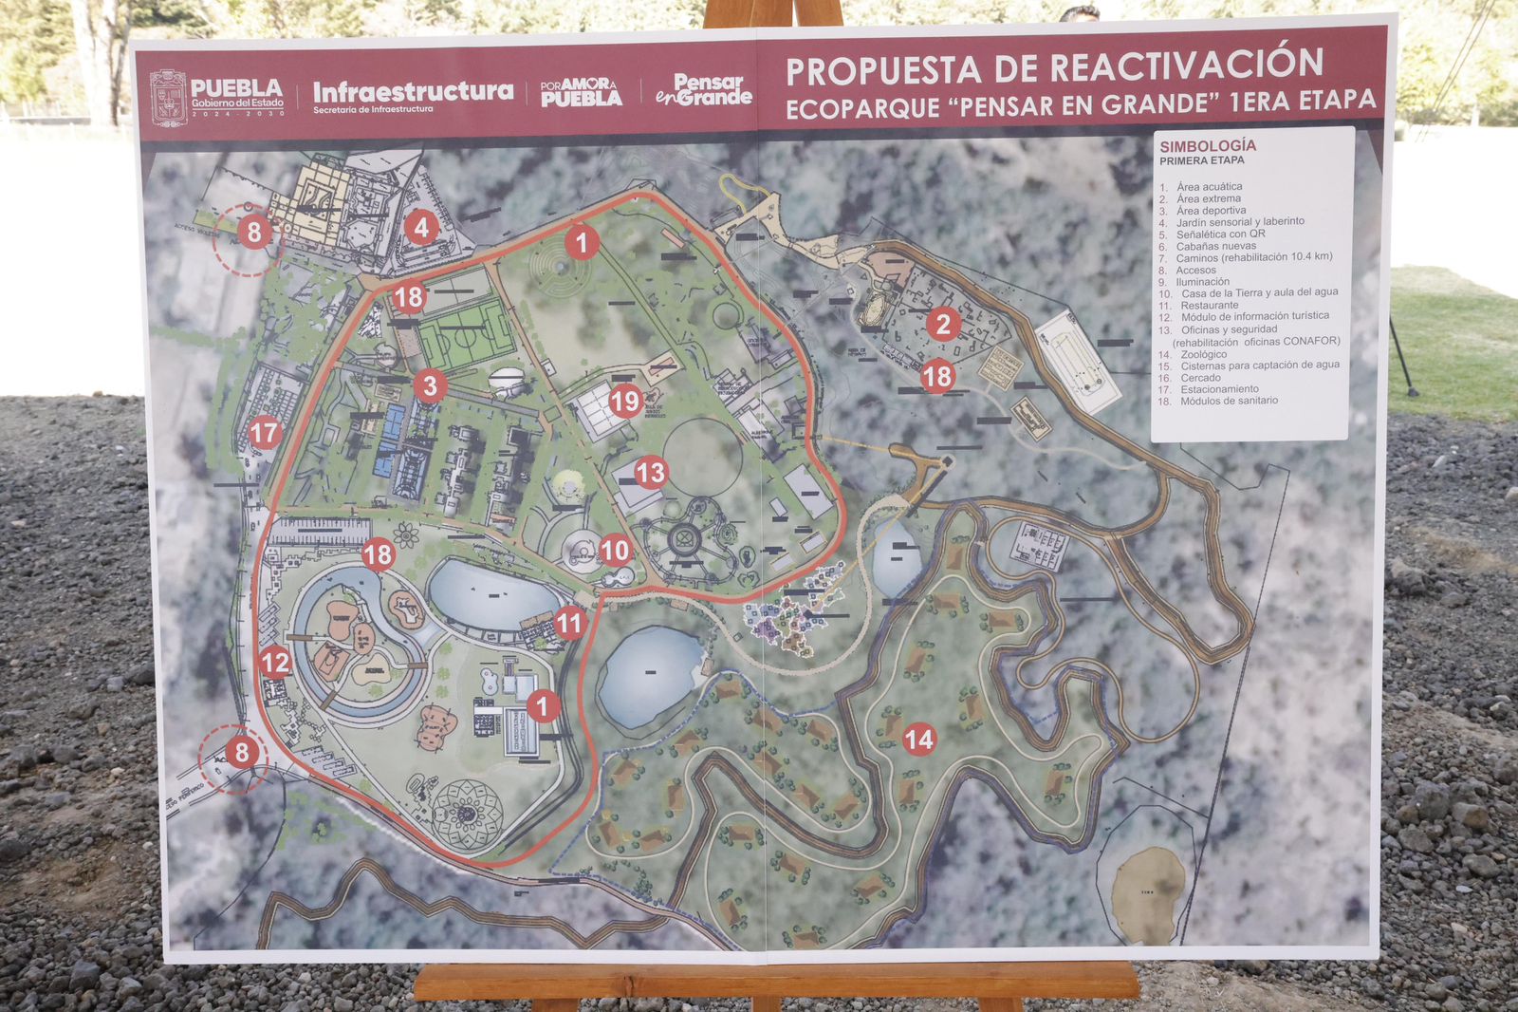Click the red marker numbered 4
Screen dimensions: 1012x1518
[421, 227]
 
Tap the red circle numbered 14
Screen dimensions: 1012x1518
[918, 739]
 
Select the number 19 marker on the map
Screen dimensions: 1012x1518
[624, 401]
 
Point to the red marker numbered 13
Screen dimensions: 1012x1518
[651, 472]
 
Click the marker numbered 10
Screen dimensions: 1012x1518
[615, 550]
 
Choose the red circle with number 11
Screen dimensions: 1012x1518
[569, 623]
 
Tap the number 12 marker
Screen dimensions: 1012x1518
[275, 662]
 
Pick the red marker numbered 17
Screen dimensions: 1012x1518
[264, 434]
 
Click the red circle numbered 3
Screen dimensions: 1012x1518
[430, 385]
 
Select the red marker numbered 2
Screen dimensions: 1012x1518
[942, 325]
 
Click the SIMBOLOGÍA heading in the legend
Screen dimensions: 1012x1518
[1207, 145]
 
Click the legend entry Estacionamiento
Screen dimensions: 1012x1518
[1219, 389]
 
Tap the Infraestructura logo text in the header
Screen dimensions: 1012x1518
[413, 92]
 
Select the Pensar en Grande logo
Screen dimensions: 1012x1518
[703, 90]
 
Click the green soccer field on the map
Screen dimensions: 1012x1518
[466, 334]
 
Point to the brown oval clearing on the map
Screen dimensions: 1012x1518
[1148, 890]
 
